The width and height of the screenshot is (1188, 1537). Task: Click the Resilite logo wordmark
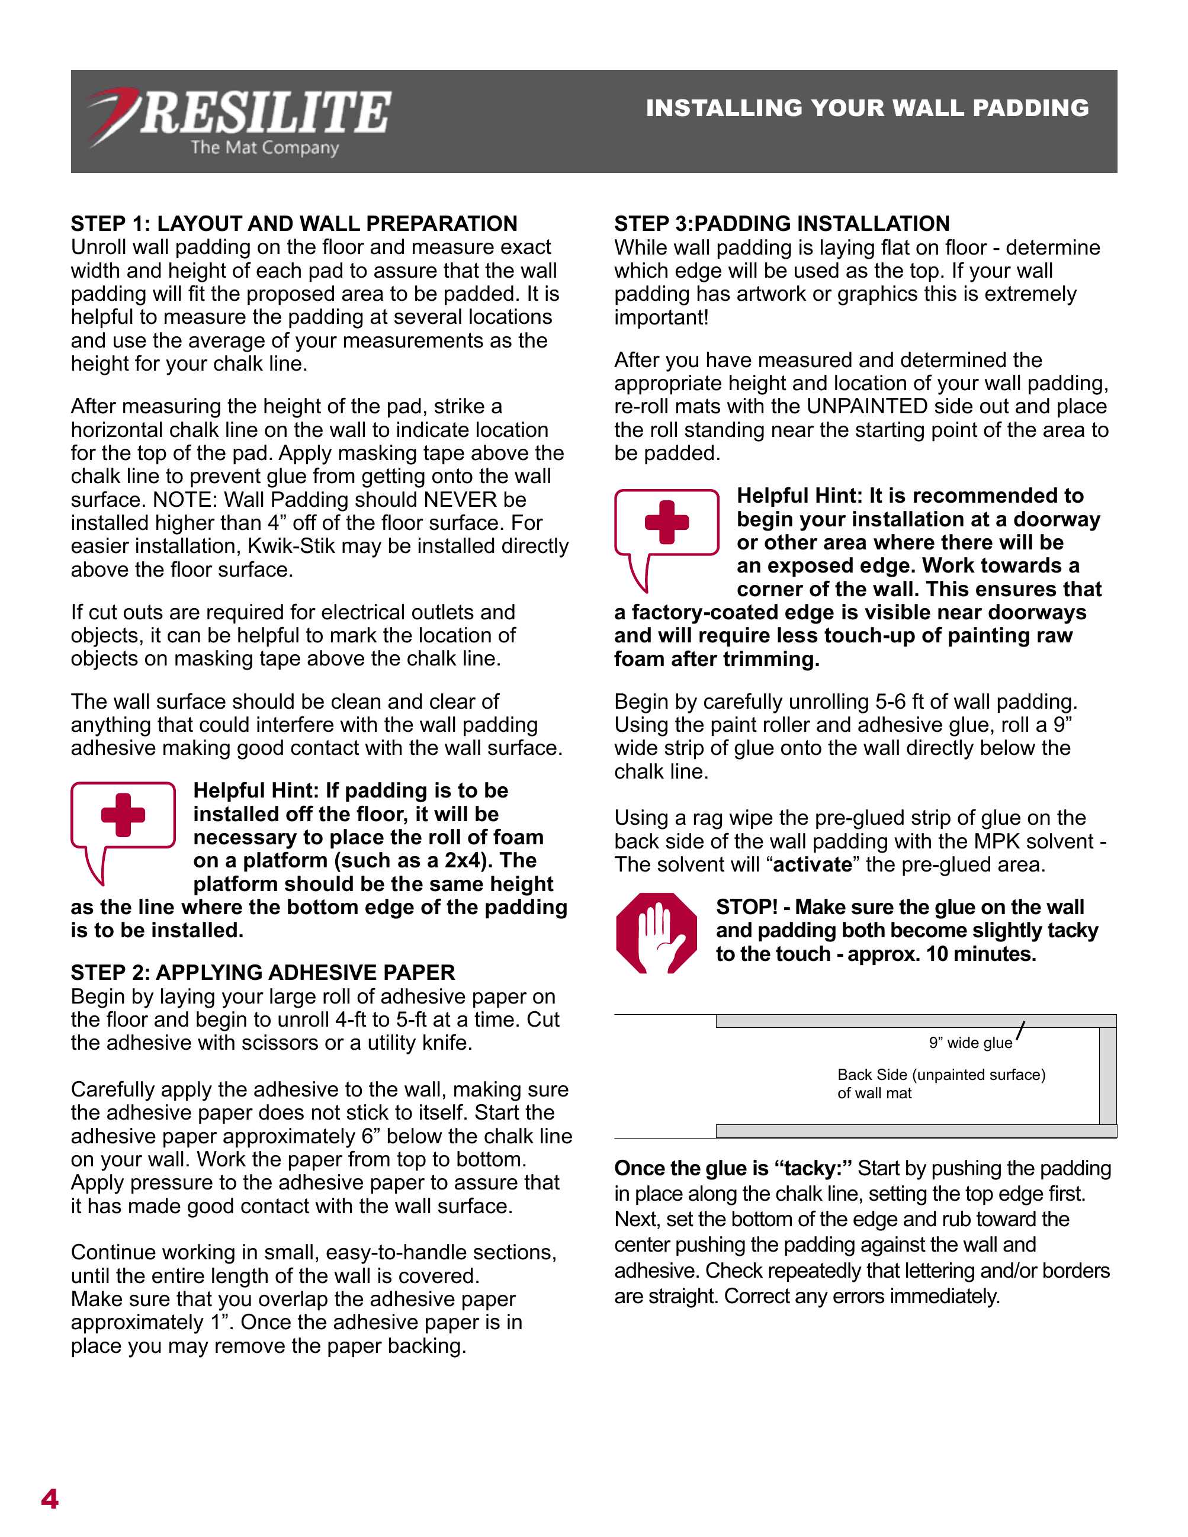[x=265, y=112]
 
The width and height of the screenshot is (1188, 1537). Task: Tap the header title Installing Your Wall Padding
[x=867, y=108]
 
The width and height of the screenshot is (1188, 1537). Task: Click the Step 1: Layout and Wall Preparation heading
[x=294, y=224]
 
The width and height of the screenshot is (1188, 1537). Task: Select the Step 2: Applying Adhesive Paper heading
[x=262, y=972]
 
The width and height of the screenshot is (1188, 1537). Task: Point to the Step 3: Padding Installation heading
[x=781, y=224]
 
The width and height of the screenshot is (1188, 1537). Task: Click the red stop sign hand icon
[x=656, y=933]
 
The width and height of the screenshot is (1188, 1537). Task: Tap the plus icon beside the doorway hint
[x=666, y=522]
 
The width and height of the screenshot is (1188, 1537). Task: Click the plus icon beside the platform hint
[x=123, y=815]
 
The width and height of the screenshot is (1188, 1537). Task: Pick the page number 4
[x=50, y=1499]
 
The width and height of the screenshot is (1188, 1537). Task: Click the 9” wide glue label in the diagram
[x=970, y=1043]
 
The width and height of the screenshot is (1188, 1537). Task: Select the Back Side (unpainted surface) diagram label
[x=941, y=1075]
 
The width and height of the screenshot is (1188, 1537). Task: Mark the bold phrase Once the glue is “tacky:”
[x=733, y=1168]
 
